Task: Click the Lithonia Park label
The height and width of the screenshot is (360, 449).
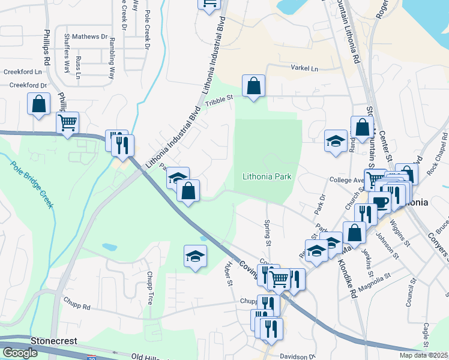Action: (267, 177)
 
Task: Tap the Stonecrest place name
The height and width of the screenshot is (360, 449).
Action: (56, 341)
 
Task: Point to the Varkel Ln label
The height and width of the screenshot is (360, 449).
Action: (304, 68)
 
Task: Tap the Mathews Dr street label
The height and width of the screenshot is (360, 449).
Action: (90, 37)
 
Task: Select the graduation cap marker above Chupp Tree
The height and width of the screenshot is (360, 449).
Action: (195, 257)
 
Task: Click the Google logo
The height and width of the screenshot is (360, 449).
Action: (20, 353)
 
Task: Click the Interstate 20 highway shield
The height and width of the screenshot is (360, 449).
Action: (92, 358)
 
